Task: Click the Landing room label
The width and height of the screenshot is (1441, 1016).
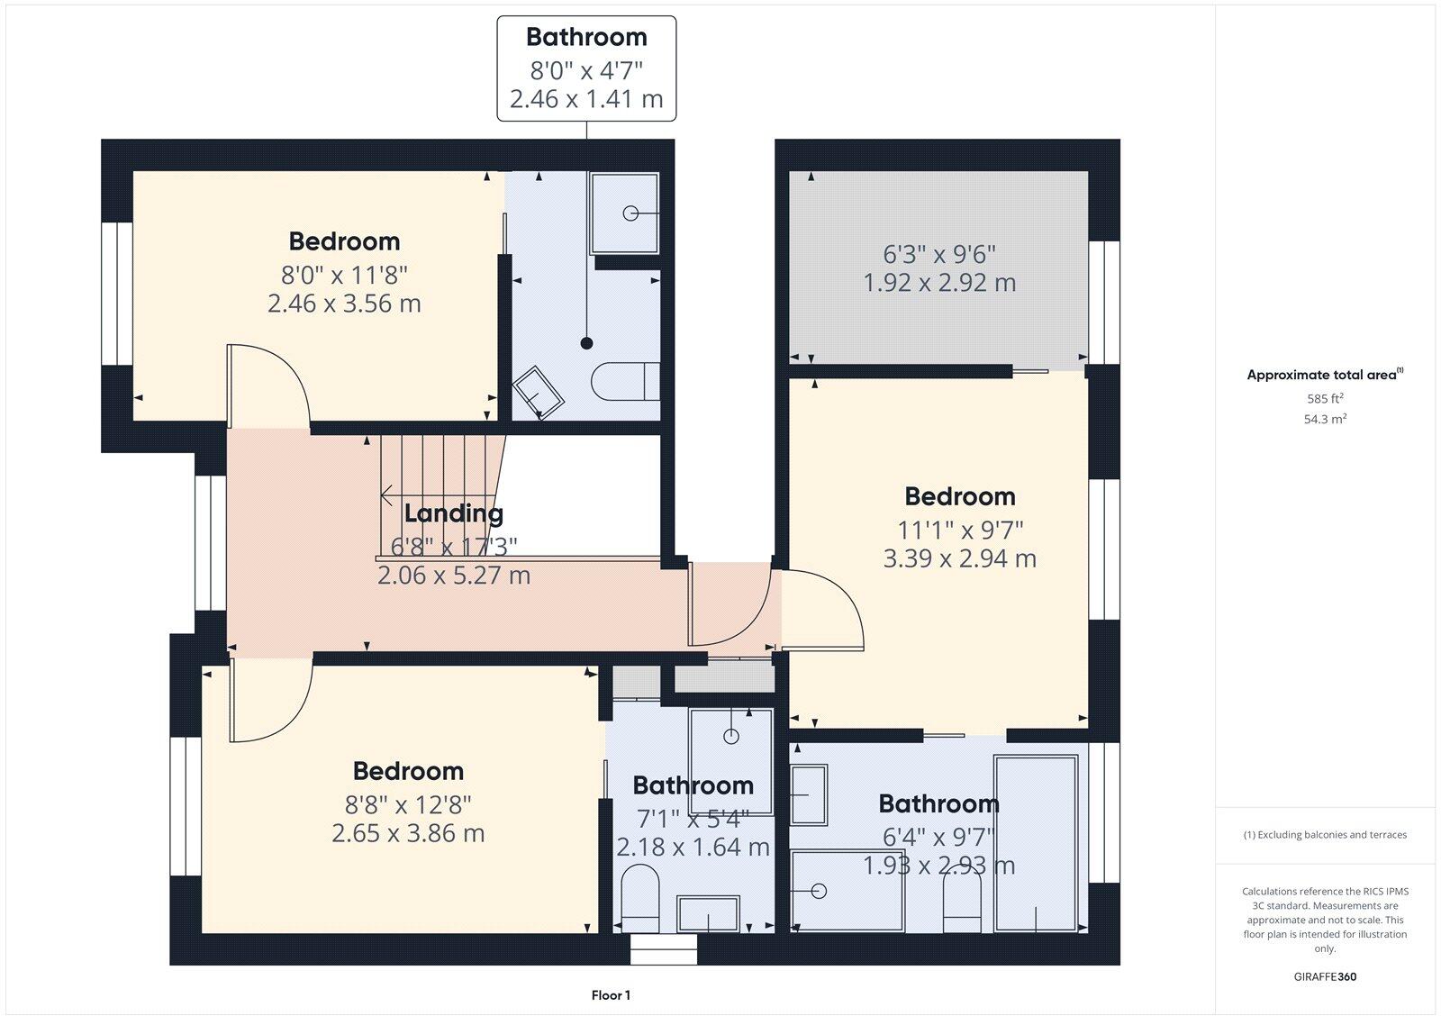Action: point(453,513)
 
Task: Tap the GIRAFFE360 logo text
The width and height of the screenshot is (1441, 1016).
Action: point(1325,976)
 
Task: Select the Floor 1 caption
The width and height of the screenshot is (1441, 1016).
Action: point(611,995)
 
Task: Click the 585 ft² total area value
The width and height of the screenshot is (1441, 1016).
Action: point(1325,398)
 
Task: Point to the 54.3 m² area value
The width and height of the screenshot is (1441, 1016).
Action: point(1325,419)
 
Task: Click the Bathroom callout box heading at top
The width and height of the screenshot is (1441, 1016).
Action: point(586,37)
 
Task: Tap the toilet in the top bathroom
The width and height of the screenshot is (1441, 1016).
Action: point(627,381)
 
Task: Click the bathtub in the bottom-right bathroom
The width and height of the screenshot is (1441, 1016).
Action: point(1036,842)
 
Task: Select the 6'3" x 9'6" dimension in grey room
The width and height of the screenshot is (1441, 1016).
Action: point(939,254)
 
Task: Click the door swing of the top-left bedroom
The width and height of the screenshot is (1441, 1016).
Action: point(268,383)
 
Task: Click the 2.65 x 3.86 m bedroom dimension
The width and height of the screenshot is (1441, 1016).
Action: point(408,833)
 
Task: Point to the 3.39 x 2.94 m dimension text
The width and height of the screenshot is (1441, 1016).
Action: point(959,558)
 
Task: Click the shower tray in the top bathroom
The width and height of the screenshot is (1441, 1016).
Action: point(624,213)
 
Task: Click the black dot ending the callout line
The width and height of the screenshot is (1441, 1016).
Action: point(587,343)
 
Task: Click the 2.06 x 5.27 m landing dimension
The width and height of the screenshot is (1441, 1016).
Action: point(453,575)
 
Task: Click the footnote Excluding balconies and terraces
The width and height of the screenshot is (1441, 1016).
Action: point(1325,835)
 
